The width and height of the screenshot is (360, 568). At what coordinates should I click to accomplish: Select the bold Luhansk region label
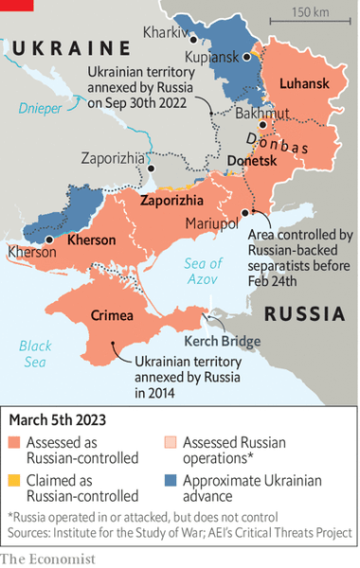(304, 85)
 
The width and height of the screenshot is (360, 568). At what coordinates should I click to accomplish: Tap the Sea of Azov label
(203, 272)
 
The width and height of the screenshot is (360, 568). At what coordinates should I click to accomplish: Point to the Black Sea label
(35, 353)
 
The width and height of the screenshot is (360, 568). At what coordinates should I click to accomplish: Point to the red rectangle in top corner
(16, 5)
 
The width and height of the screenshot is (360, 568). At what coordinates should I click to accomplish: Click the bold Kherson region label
(92, 240)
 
